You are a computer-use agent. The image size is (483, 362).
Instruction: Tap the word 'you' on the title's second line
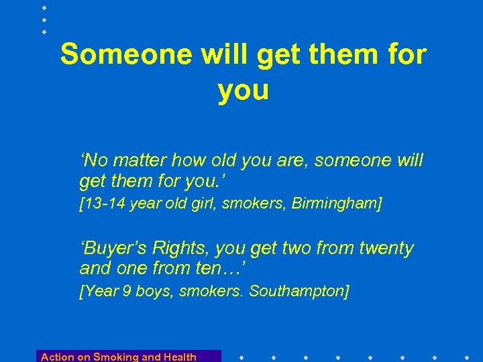tap(243, 90)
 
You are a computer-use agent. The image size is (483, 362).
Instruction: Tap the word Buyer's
tap(113, 249)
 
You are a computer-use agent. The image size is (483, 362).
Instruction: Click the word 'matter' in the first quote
tap(142, 161)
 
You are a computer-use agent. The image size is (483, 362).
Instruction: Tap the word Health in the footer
tap(179, 357)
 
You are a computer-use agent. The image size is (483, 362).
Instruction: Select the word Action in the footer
tap(56, 357)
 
